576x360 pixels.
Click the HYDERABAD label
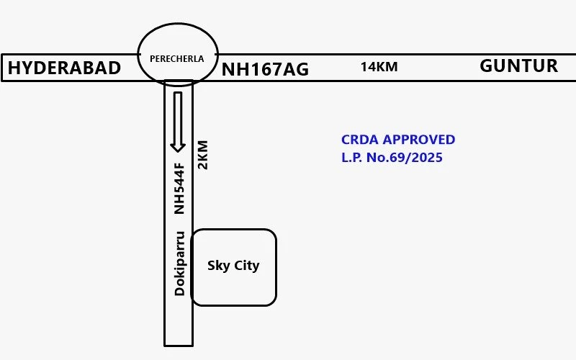(x=64, y=68)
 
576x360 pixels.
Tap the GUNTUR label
(x=518, y=66)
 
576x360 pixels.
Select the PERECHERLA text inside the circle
(x=176, y=59)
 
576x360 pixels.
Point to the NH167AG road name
(x=265, y=69)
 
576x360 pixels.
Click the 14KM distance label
(x=379, y=67)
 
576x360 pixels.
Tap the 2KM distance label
(x=203, y=155)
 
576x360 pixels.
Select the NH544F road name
(x=179, y=189)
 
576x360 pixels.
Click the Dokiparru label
(x=179, y=264)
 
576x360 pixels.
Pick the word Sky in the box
(x=219, y=266)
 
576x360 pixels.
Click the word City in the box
(x=246, y=266)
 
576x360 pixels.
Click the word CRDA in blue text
(x=359, y=140)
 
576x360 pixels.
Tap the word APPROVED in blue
(x=419, y=140)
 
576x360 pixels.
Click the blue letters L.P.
(x=351, y=157)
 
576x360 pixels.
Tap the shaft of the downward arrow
(x=178, y=117)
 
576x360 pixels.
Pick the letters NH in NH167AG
(x=233, y=69)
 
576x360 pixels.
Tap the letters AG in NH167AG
(x=296, y=69)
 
